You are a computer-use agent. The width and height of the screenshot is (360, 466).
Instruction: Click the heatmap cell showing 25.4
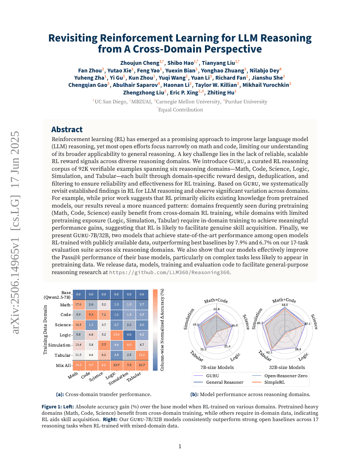pos(116,335)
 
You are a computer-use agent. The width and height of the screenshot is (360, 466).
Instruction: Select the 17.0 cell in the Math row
pos(78,305)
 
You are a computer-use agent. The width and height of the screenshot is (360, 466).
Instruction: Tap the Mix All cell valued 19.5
pos(78,365)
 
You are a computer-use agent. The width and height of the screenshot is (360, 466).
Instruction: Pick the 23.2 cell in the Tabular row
pos(142,355)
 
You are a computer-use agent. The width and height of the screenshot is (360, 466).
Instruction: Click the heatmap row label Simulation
pos(59,345)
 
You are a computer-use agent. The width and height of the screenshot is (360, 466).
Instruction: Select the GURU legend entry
pos(213,376)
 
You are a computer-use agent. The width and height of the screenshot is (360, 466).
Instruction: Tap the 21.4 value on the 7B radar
pos(227,347)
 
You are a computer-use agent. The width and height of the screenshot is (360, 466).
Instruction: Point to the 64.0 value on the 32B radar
pos(285,305)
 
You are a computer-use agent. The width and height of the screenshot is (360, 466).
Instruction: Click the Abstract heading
pos(67,130)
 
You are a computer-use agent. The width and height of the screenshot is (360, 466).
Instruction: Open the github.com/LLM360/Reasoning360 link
pos(170,272)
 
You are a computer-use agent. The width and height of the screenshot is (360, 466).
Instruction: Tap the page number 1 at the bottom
pos(180,447)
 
